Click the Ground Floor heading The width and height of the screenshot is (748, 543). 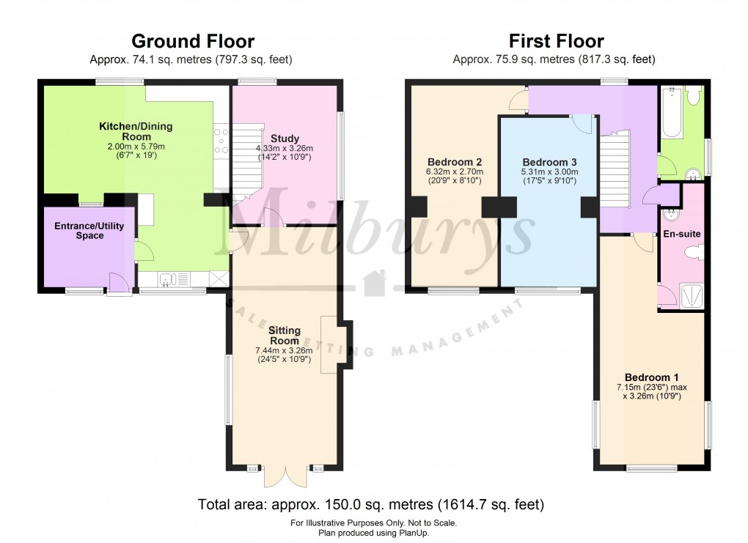click(192, 41)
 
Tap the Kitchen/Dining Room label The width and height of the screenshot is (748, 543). click(136, 131)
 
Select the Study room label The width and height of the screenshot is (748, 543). click(285, 138)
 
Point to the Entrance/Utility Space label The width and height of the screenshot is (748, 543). click(89, 231)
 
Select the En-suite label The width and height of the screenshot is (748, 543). click(683, 234)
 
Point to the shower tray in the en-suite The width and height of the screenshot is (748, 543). click(692, 295)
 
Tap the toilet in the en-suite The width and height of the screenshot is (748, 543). click(693, 253)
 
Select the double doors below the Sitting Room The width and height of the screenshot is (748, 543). click(285, 476)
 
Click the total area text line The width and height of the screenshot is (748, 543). click(370, 504)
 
